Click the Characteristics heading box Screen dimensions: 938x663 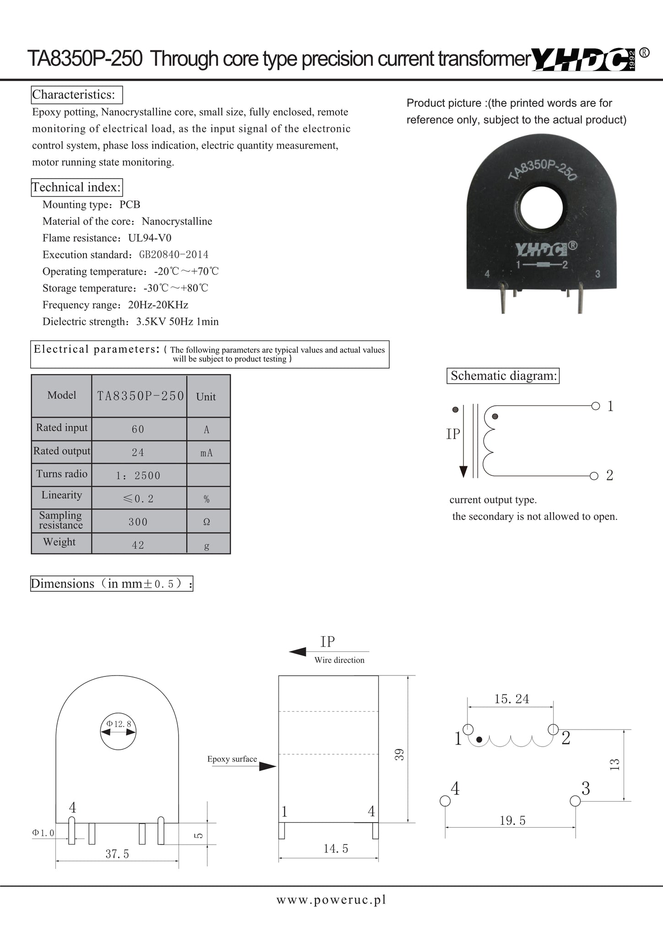77,95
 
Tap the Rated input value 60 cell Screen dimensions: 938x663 138,429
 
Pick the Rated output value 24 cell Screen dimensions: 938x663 138,453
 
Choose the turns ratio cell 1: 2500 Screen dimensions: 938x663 138,475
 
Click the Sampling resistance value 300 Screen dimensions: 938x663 138,522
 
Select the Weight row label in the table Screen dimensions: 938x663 60,542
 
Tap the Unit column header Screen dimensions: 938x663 206,397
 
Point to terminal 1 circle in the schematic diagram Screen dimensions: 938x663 595,406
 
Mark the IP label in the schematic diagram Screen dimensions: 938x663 453,434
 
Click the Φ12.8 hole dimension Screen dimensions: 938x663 119,724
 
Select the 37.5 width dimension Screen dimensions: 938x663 117,854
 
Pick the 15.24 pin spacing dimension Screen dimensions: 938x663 511,699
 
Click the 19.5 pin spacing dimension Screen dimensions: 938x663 512,821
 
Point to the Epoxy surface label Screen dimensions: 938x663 232,759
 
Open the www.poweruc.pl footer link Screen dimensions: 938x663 331,900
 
